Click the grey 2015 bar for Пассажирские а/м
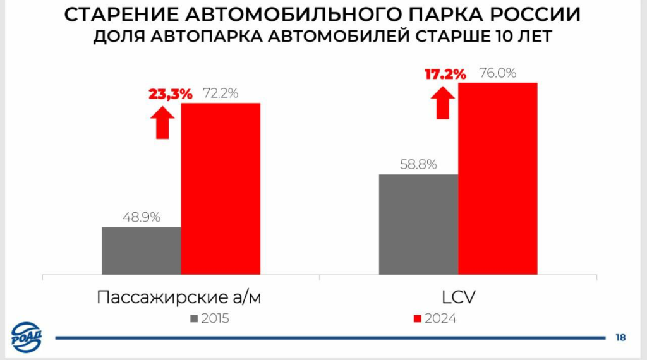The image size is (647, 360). [142, 251]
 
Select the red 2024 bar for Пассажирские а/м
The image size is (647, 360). [221, 188]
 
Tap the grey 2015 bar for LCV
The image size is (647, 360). [418, 224]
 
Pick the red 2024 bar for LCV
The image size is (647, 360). [497, 178]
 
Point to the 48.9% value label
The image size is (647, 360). [142, 217]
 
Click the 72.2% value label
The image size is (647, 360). [220, 93]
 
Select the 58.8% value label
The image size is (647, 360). [418, 165]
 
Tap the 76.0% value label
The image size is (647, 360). [497, 73]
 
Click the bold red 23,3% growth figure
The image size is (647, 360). [171, 94]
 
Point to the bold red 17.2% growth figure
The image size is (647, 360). [445, 74]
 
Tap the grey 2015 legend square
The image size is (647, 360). [194, 318]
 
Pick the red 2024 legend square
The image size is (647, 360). [417, 318]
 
